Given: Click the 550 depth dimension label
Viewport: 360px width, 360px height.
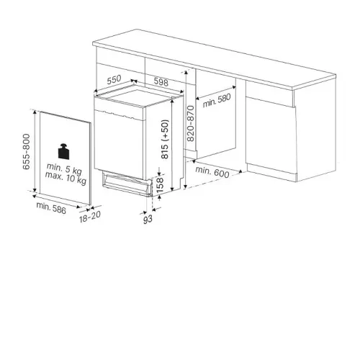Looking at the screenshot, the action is click(x=114, y=80).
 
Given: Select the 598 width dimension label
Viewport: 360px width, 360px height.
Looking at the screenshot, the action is click(x=161, y=82).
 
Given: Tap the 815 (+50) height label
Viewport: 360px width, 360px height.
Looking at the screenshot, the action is click(x=165, y=139).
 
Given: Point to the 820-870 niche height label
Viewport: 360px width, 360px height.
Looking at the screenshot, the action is click(x=190, y=123).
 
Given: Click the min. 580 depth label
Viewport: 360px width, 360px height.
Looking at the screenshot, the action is click(x=217, y=100).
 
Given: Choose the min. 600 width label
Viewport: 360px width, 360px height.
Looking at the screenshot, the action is click(x=212, y=172).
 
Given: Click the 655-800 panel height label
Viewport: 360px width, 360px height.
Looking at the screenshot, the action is click(x=26, y=152).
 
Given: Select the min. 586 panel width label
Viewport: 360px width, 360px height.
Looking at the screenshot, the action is click(x=51, y=208).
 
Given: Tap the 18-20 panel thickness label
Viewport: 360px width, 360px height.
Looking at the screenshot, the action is click(x=90, y=217).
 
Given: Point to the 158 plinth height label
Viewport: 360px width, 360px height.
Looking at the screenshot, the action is click(x=160, y=185).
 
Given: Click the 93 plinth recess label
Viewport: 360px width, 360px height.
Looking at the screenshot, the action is click(x=148, y=220).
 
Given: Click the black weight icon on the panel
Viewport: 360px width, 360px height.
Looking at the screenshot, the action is click(x=64, y=151).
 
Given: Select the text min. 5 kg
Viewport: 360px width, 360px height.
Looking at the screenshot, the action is click(x=64, y=168).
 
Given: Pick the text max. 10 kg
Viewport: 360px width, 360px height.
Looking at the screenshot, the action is click(x=66, y=177).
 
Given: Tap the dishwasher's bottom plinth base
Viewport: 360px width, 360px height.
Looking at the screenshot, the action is click(x=127, y=184).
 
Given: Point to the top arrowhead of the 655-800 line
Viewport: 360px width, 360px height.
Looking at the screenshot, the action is click(x=35, y=112).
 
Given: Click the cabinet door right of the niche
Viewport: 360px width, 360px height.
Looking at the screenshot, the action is click(x=271, y=135).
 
